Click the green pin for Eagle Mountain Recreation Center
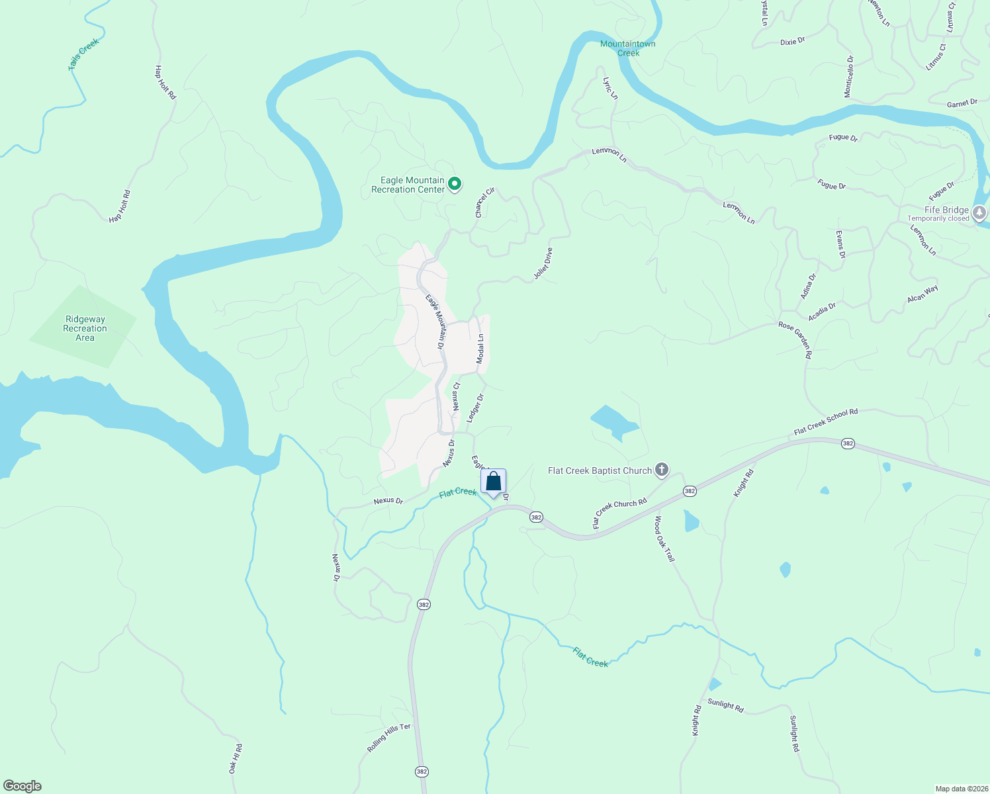coord(455,184)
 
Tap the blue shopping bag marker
coord(494,481)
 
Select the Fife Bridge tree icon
coord(979,212)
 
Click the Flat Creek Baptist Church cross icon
coord(661,470)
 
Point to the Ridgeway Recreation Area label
coord(85,328)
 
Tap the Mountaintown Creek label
coord(627,48)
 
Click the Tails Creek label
coord(84,54)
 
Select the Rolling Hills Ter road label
coord(389,737)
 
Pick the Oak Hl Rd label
coord(236,758)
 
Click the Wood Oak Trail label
coord(665,539)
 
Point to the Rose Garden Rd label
coord(795,339)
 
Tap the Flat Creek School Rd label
coord(826,421)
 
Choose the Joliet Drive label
coord(543,264)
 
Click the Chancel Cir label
coord(485,202)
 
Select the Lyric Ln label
coord(610,88)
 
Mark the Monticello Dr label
coord(849,77)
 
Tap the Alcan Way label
coord(922,294)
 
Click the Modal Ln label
coord(480,348)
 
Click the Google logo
coord(22,786)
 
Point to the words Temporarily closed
coord(938,219)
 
